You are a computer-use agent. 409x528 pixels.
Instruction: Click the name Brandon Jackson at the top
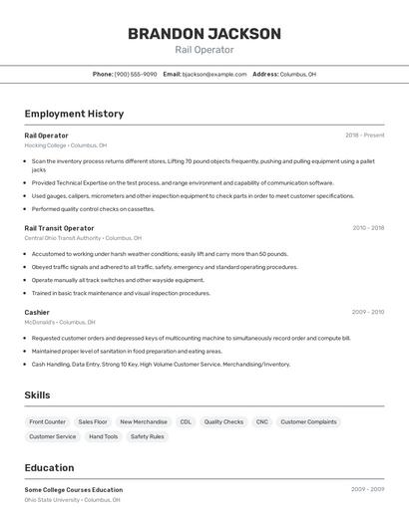click(204, 34)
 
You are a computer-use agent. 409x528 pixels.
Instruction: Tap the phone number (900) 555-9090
click(136, 74)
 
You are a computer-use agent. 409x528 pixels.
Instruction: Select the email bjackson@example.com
click(214, 74)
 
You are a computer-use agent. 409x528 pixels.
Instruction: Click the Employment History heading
click(74, 114)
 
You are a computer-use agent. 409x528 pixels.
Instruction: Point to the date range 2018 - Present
click(364, 135)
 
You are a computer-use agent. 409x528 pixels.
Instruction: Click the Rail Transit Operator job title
click(59, 228)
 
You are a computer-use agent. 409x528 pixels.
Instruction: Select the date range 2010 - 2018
click(367, 228)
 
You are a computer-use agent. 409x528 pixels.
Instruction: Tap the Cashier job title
click(37, 313)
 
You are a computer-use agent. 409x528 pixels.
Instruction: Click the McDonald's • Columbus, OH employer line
click(60, 323)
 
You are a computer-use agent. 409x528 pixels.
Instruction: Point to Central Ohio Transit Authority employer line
click(83, 238)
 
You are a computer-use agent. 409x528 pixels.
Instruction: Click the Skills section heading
click(37, 396)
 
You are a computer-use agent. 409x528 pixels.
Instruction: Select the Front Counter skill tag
click(48, 422)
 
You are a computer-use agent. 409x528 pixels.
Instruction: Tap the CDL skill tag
click(186, 422)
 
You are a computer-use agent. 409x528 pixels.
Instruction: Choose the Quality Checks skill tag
click(223, 422)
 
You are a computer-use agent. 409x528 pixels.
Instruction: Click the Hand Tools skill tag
click(104, 436)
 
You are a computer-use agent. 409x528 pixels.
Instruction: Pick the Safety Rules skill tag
click(148, 436)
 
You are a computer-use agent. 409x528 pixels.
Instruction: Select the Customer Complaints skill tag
click(308, 422)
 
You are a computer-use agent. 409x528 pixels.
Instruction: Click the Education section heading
click(49, 468)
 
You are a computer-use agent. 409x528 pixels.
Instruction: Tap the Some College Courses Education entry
click(74, 490)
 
